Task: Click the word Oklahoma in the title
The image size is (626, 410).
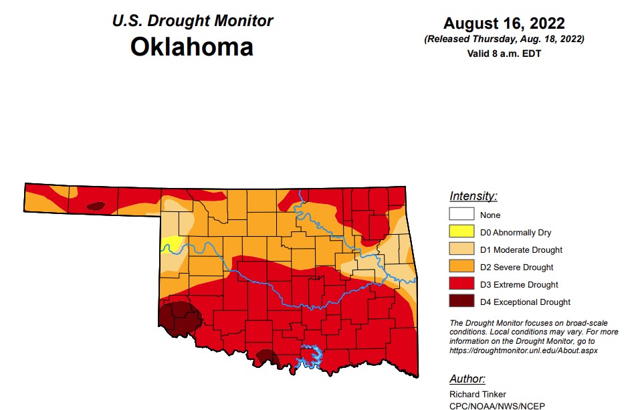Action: pos(191,47)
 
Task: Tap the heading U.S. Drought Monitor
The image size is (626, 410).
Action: pos(192,21)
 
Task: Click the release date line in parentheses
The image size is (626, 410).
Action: pos(504,39)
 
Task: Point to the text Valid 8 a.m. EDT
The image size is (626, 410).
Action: pos(504,54)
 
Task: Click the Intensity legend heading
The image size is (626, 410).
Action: pos(473,196)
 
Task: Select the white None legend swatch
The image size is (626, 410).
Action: pos(461,215)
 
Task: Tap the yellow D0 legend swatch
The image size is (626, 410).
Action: pos(461,232)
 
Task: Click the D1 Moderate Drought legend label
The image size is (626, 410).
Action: pos(521,249)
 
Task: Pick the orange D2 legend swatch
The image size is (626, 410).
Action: pos(461,267)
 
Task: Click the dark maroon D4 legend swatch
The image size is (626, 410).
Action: pos(461,302)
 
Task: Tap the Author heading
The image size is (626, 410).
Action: pos(467,379)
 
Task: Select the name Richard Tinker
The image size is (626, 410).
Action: pos(477,394)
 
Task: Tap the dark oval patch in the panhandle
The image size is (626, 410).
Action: pos(96,207)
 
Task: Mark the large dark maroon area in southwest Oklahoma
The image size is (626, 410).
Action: pos(177,318)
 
